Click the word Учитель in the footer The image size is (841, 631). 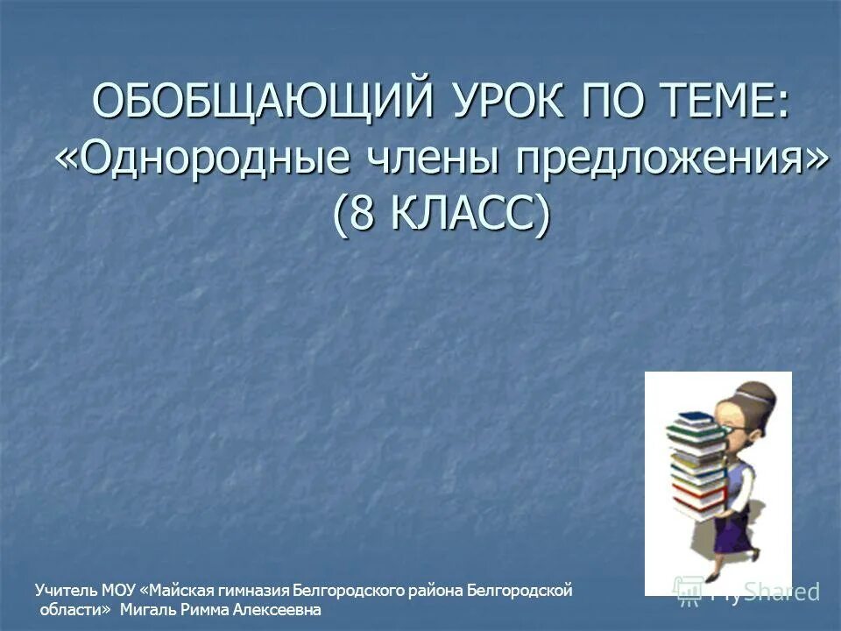coord(67,591)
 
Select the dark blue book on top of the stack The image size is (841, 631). coord(692,420)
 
